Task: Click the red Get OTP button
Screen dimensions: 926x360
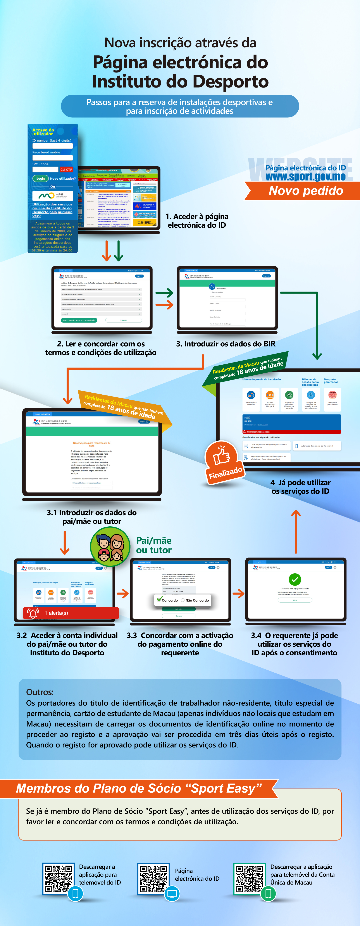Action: coord(66,169)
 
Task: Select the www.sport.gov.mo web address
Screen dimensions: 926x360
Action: coord(306,177)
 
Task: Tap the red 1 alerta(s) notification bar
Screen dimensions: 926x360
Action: coord(71,613)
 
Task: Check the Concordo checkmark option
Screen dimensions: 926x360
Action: coord(160,599)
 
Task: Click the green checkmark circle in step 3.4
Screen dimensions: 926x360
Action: coord(295,579)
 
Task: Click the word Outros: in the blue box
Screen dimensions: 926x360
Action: coord(40,692)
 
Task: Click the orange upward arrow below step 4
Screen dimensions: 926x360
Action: coord(296,531)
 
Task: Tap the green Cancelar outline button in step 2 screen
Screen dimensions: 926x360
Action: coord(123,320)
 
